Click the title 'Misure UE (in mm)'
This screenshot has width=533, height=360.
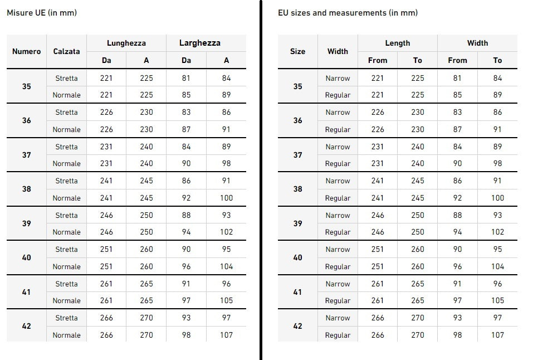[x=42, y=13]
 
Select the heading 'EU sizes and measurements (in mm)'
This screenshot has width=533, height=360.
[x=348, y=13]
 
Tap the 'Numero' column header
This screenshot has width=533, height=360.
[x=27, y=51]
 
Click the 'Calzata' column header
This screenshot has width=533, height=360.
[x=66, y=51]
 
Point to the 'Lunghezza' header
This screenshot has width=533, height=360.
[x=126, y=43]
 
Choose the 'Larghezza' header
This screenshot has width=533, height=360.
[x=199, y=43]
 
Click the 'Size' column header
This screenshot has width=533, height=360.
[x=297, y=51]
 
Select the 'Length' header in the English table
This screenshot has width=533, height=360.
[x=398, y=43]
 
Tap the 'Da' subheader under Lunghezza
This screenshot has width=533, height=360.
[x=106, y=60]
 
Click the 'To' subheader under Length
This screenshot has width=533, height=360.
[x=418, y=60]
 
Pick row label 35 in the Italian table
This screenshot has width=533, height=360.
[x=27, y=86]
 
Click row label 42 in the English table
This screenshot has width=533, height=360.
[x=297, y=326]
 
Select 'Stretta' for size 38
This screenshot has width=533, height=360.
[x=66, y=181]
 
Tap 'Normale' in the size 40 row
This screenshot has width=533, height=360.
[x=66, y=266]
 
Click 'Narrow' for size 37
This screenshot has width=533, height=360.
[x=338, y=147]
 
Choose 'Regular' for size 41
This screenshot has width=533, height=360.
[x=338, y=300]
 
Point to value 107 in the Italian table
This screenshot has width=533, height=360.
[x=226, y=335]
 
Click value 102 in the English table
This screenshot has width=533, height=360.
[x=497, y=232]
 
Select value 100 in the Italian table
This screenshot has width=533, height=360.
[x=226, y=198]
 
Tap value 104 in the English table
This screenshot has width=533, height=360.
[x=497, y=266]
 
